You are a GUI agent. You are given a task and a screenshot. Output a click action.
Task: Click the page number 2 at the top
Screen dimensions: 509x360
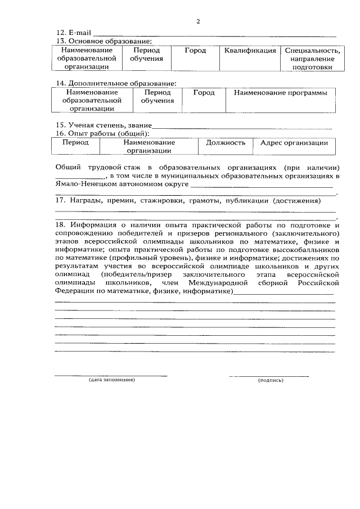197,22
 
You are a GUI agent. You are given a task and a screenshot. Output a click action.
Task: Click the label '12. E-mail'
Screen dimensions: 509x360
73,34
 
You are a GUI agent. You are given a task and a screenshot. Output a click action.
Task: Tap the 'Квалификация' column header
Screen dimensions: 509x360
250,51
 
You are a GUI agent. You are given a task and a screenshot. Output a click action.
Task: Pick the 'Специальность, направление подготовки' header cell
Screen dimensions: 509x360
312,58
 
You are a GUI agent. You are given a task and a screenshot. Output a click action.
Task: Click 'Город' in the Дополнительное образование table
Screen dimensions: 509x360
204,92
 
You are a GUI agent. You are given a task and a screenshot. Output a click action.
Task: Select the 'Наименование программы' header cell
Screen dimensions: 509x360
281,92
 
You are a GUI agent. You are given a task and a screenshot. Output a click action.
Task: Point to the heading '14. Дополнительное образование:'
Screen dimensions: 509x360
115,83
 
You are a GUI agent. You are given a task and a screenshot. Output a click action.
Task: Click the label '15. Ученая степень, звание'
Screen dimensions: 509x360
103,125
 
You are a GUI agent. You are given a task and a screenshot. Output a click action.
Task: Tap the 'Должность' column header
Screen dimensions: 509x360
226,142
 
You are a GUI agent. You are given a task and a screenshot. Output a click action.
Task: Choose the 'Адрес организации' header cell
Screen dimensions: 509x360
294,142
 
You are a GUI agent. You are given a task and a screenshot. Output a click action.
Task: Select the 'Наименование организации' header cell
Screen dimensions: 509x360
148,146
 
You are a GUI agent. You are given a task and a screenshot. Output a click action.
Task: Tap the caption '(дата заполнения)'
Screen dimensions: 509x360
111,380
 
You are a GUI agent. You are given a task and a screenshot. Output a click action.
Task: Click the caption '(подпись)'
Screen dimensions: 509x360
271,380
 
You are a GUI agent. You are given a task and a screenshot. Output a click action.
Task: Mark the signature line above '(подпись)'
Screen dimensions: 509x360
269,375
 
